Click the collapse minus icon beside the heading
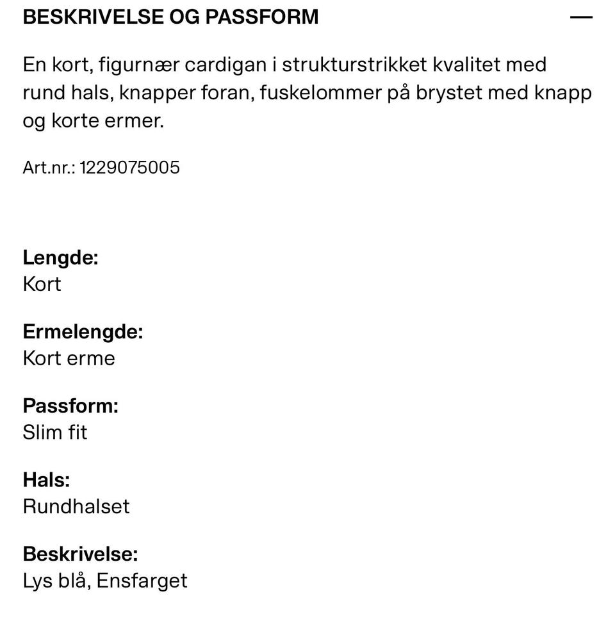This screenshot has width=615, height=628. tap(581, 17)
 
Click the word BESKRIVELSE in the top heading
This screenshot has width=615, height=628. tap(93, 17)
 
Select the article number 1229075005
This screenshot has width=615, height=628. tap(129, 168)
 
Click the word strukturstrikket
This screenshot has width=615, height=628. tap(354, 65)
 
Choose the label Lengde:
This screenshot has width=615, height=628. tap(60, 258)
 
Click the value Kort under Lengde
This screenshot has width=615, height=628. tap(42, 284)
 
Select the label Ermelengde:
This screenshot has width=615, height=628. tap(83, 332)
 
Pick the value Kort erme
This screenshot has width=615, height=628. tap(69, 358)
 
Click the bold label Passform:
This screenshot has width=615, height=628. tap(70, 406)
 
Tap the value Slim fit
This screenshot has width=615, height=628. tap(54, 433)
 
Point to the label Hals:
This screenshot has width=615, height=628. tap(46, 480)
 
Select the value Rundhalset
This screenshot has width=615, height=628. tap(76, 506)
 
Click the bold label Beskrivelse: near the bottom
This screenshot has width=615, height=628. tap(80, 554)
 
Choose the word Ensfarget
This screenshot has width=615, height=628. tap(142, 581)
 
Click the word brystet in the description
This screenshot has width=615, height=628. tap(448, 93)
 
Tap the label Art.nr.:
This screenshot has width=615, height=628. tap(49, 168)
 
